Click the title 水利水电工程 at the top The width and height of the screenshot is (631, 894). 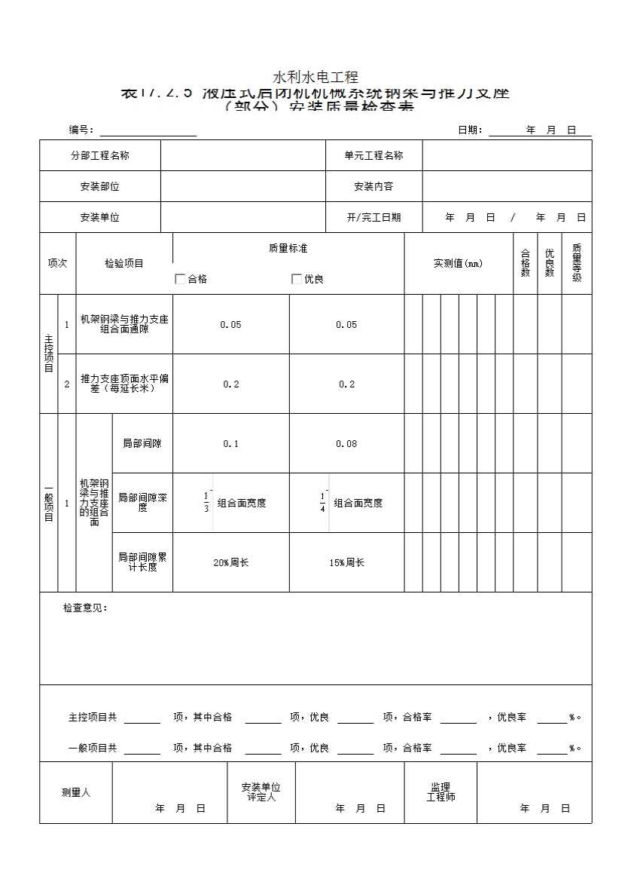click(x=315, y=77)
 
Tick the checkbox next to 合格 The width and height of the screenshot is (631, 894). click(x=180, y=279)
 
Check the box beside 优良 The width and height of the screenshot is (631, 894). click(x=297, y=279)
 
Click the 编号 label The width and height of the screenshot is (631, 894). click(x=81, y=130)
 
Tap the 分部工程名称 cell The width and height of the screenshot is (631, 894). click(x=100, y=156)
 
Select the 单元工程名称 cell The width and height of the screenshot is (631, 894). click(x=373, y=156)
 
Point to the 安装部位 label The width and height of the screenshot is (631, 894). click(x=100, y=187)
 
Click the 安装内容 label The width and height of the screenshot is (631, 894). click(x=373, y=187)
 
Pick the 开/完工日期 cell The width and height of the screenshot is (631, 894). click(x=373, y=218)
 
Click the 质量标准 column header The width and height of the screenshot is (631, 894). click(x=288, y=248)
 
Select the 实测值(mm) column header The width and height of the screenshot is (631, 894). click(x=458, y=264)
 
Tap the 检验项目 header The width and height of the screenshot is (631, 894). click(x=124, y=264)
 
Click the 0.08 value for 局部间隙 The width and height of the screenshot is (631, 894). click(x=346, y=444)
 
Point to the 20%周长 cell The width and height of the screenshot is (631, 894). click(x=230, y=563)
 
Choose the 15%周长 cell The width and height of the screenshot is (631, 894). click(x=346, y=563)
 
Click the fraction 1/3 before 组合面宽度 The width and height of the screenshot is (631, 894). click(x=206, y=502)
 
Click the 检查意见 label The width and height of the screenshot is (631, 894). click(x=85, y=608)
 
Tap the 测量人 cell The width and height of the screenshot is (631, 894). click(x=76, y=793)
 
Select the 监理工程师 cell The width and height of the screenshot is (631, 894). click(x=440, y=792)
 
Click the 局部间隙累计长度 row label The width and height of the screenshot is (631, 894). click(x=142, y=562)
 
